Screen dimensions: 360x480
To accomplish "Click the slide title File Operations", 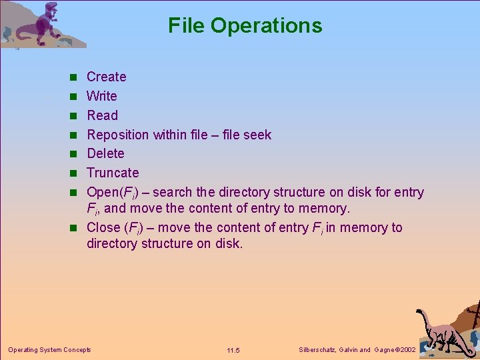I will [245, 25].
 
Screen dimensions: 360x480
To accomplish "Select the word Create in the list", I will [106, 77].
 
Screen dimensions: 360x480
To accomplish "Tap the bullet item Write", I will [101, 96].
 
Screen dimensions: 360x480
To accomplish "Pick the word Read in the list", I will [102, 115].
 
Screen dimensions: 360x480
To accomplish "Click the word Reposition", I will [118, 135].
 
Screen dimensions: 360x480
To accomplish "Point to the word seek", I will [257, 135].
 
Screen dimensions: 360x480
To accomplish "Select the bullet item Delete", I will [105, 153].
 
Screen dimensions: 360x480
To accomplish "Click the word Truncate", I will [113, 173].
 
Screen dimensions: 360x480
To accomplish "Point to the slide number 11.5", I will [233, 350].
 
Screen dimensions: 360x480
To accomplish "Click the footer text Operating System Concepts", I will [49, 349].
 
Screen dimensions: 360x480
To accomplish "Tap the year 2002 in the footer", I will [407, 349].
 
